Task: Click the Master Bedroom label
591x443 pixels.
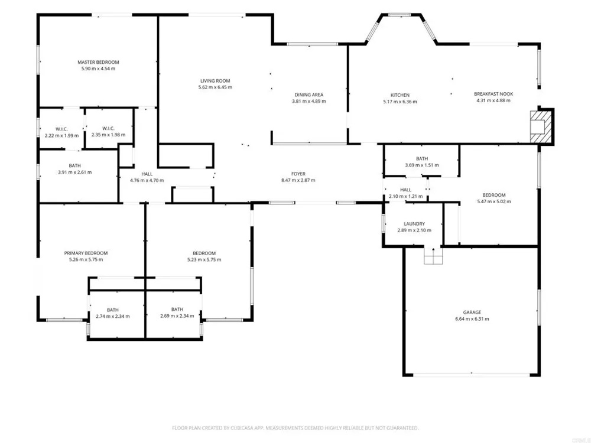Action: [x=98, y=62]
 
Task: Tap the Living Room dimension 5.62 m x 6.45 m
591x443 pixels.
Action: [x=215, y=87]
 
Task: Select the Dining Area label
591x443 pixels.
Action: [x=309, y=95]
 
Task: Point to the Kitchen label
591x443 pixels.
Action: [x=400, y=95]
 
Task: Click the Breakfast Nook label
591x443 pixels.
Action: [x=493, y=94]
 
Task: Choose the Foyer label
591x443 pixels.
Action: [x=298, y=174]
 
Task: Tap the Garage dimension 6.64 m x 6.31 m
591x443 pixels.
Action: [x=472, y=319]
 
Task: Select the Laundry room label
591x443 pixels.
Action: [x=414, y=224]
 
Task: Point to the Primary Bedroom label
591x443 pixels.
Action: [x=86, y=253]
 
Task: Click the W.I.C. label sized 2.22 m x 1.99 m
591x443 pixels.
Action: [x=61, y=129]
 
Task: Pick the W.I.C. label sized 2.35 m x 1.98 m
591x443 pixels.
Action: [x=108, y=128]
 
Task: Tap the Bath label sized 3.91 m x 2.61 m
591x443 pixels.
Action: [x=74, y=166]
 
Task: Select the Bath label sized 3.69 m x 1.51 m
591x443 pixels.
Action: [x=422, y=158]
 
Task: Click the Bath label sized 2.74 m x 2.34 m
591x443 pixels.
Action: [x=113, y=310]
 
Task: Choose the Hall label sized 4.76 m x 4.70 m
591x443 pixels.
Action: [x=147, y=174]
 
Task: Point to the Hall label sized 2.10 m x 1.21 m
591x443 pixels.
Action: [x=405, y=190]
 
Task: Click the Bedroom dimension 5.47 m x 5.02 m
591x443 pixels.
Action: [x=493, y=201]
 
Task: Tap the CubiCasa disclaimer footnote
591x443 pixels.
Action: [x=295, y=428]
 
